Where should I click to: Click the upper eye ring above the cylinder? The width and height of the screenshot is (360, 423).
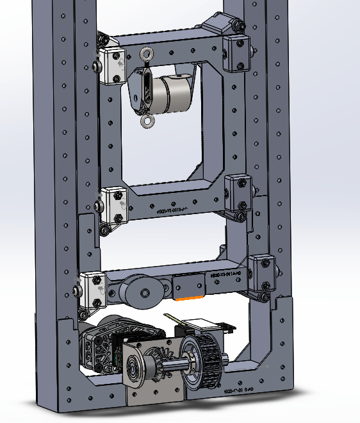click(x=147, y=54)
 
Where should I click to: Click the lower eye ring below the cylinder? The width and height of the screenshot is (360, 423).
click(x=148, y=121)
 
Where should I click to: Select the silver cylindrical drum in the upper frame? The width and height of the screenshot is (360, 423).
click(x=174, y=94)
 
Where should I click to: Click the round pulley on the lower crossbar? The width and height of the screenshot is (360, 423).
click(x=144, y=294)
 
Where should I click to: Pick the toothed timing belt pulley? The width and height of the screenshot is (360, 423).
click(x=202, y=362)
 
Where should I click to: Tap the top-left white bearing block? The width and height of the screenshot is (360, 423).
click(x=113, y=65)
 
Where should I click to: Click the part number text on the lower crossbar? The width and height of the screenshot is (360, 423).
click(x=225, y=274)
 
